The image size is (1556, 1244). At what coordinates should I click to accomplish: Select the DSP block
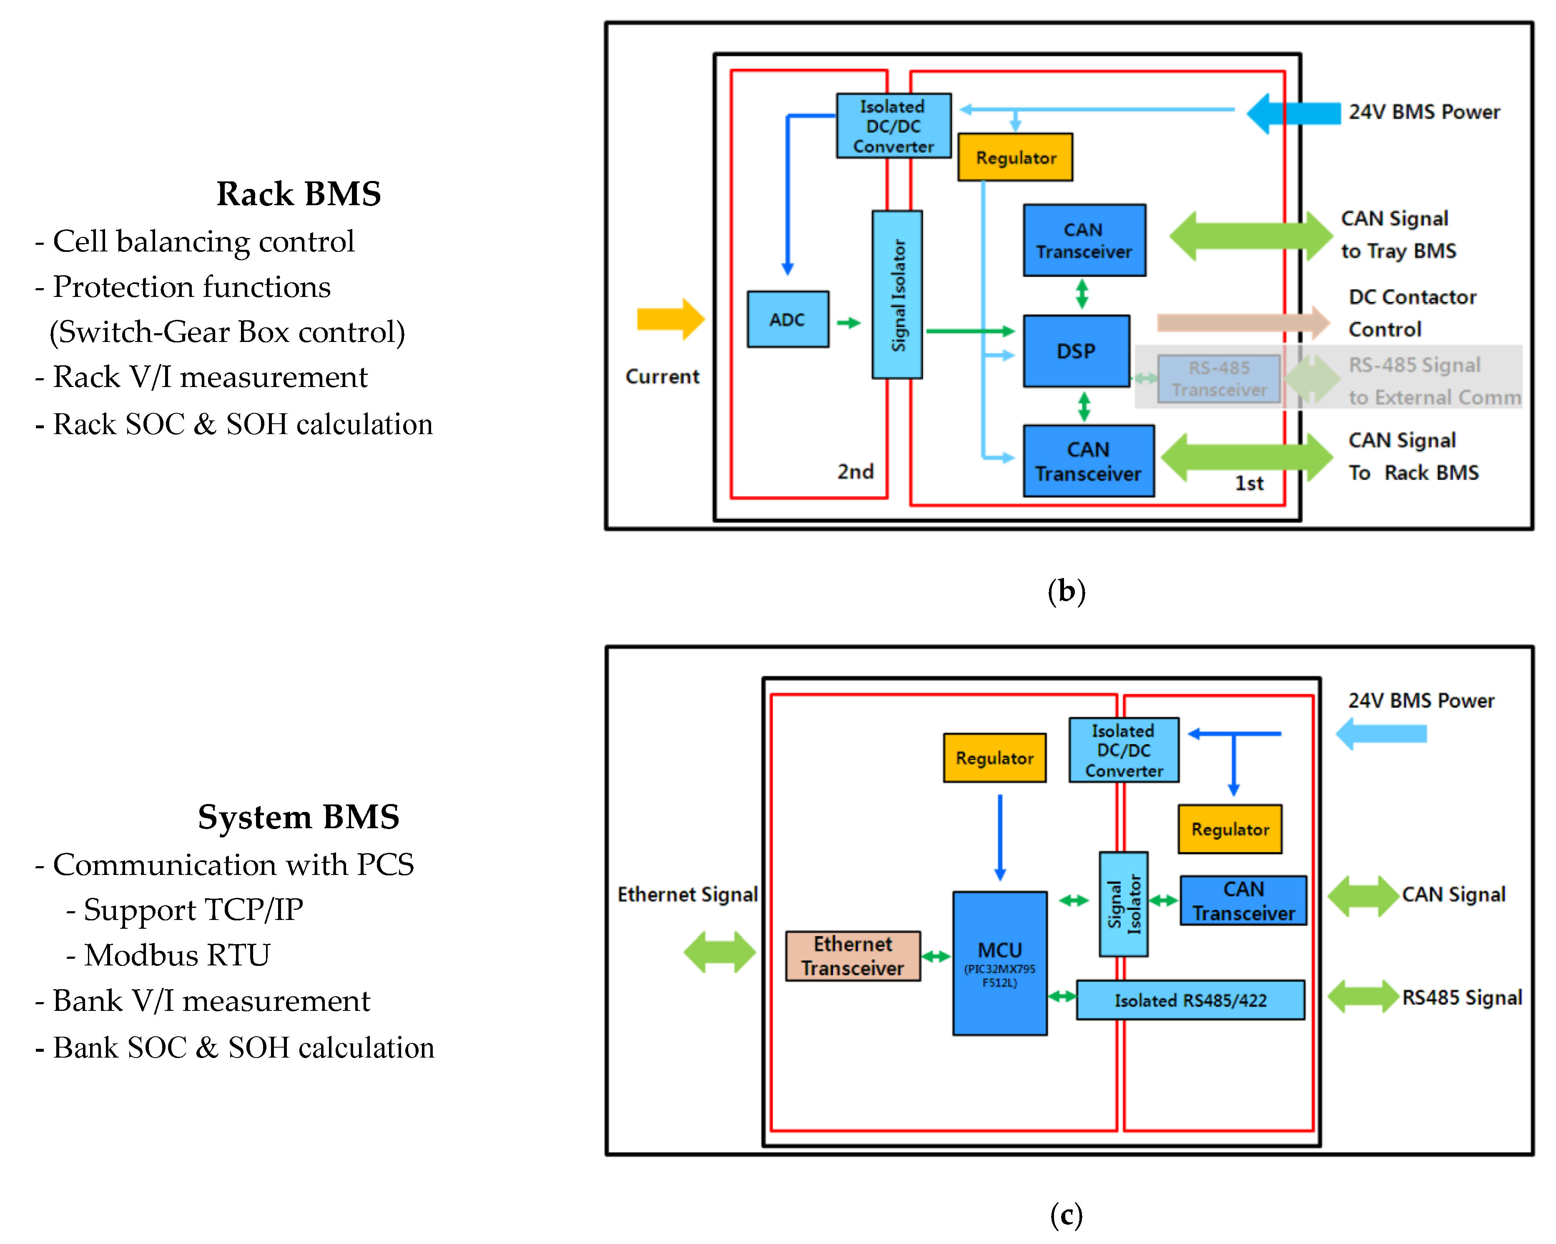click(x=1075, y=351)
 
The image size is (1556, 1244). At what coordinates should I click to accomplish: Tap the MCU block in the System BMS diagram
click(x=999, y=963)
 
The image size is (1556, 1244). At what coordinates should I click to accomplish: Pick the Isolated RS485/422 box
click(x=1190, y=1000)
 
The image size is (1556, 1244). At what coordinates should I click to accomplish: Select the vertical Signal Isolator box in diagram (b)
click(x=897, y=294)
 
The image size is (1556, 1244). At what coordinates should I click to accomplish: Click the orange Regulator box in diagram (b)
click(x=1015, y=157)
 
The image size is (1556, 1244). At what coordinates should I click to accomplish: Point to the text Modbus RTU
click(x=177, y=955)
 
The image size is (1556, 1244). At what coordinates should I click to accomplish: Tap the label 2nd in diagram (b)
click(x=855, y=472)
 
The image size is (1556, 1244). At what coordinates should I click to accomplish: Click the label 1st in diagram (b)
click(x=1249, y=483)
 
